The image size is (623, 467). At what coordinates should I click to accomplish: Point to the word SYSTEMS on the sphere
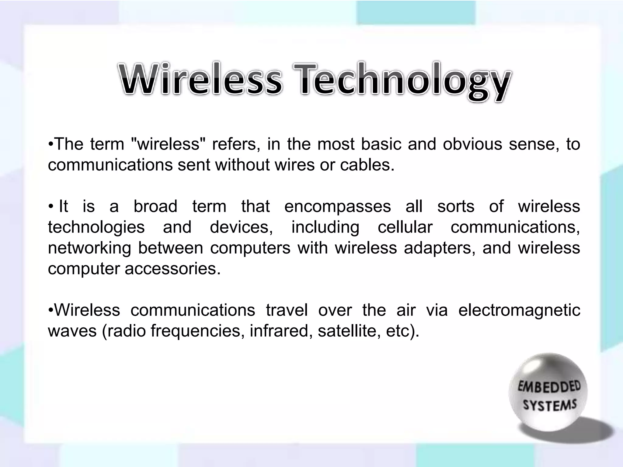click(550, 406)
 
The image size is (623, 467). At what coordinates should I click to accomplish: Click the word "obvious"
click(472, 144)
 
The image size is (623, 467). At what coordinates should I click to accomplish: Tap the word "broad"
click(155, 206)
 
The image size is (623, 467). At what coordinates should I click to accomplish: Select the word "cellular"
click(405, 227)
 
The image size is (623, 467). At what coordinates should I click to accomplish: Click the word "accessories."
click(172, 269)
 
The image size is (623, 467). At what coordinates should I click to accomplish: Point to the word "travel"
click(287, 310)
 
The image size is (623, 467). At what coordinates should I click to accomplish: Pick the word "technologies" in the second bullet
click(96, 228)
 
